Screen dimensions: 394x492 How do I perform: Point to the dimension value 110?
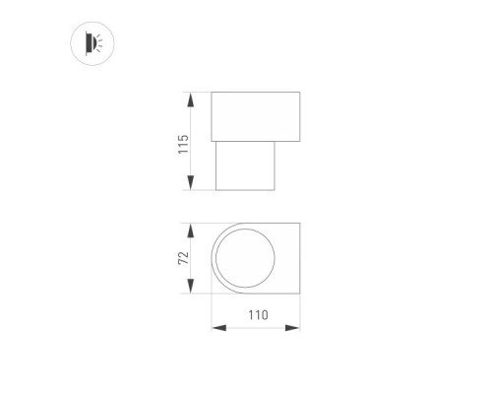click(x=256, y=315)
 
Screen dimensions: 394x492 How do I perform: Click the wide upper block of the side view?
click(x=256, y=115)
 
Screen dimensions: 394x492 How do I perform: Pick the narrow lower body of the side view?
click(x=246, y=164)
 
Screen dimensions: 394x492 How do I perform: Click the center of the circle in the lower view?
click(x=246, y=257)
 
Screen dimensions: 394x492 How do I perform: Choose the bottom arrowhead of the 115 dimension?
click(x=190, y=186)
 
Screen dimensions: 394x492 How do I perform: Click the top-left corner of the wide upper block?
click(x=213, y=93)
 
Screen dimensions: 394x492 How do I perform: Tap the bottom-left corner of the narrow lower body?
click(x=217, y=190)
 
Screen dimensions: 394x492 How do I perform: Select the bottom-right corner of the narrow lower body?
click(x=276, y=190)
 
